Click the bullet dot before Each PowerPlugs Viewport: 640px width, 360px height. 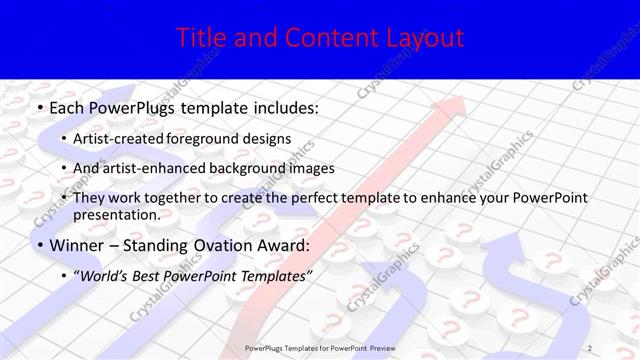click(38, 106)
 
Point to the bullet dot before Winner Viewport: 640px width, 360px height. click(38, 245)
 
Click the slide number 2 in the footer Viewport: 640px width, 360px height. click(590, 346)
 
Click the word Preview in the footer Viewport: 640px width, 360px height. click(375, 346)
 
